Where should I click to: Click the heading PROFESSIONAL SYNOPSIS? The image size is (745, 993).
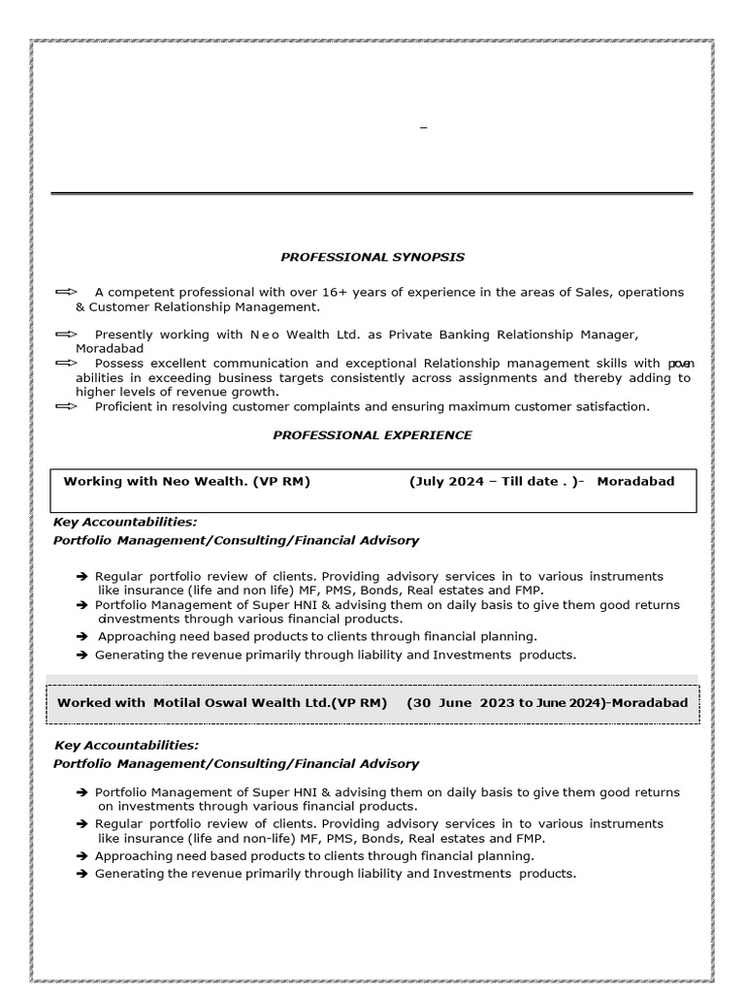(372, 257)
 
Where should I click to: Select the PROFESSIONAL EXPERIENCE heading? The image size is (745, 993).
(372, 435)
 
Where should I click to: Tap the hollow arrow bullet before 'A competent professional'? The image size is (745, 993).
(66, 292)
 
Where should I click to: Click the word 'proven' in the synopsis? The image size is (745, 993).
(681, 364)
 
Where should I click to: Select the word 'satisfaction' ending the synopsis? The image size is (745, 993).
(611, 406)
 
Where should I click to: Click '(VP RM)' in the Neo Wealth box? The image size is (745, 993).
(281, 481)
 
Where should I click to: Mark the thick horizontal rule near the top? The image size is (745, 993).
(372, 194)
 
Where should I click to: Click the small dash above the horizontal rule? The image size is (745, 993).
(423, 128)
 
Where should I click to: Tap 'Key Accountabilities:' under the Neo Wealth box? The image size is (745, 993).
(125, 522)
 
